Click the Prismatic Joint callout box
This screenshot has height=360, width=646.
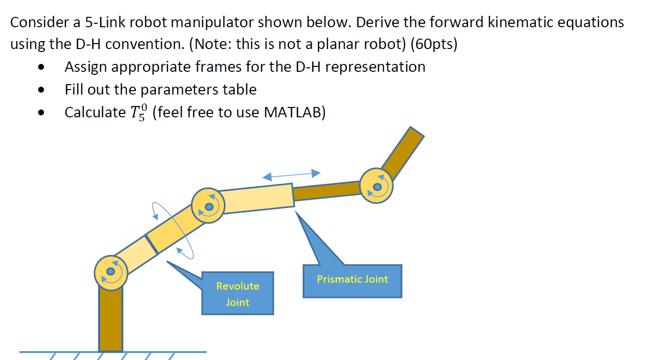tap(352, 281)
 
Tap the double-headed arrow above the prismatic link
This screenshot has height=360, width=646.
tap(291, 174)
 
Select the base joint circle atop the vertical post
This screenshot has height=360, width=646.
tap(111, 271)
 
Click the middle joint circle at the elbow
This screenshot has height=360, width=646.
tap(209, 206)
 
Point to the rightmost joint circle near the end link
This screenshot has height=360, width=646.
tap(377, 187)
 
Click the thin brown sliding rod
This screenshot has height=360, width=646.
tap(327, 191)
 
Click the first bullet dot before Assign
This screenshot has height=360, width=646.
tap(45, 67)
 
